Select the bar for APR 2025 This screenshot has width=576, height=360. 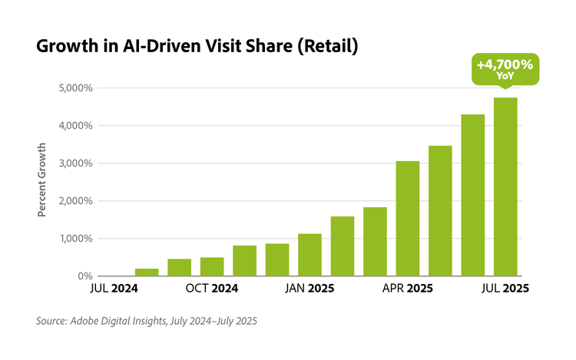[407, 219]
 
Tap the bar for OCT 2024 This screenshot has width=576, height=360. [212, 266]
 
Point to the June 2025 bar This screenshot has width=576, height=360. [472, 195]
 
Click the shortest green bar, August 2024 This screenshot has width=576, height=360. [147, 272]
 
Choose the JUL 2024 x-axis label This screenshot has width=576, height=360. [113, 289]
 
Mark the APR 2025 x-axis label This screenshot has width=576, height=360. [407, 289]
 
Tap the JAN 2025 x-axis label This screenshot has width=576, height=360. [309, 289]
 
